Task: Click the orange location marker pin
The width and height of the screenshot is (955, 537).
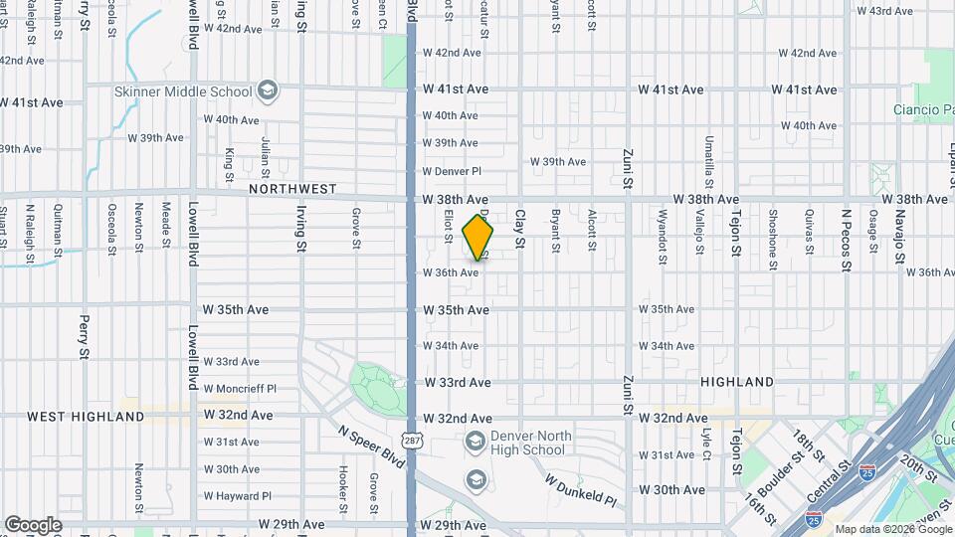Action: (x=478, y=238)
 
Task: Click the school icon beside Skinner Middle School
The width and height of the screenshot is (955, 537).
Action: (x=267, y=91)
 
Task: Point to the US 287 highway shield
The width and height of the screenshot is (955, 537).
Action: (x=411, y=440)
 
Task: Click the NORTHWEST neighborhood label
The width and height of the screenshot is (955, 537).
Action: (x=293, y=188)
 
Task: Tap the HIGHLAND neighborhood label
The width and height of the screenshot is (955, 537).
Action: (x=737, y=382)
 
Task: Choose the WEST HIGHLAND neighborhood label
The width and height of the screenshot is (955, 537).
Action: (x=86, y=417)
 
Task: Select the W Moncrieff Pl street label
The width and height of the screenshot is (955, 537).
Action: (x=240, y=389)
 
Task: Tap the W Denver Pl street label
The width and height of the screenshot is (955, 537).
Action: (x=452, y=171)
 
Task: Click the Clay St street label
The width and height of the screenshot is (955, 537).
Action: (x=519, y=228)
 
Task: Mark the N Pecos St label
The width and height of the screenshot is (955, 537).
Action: (x=847, y=239)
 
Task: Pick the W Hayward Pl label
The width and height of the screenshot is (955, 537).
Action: (x=239, y=496)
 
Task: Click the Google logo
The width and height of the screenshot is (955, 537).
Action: (x=33, y=524)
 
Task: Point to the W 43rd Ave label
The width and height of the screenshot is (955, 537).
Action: (x=884, y=11)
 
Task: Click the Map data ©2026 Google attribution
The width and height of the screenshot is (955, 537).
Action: (x=891, y=529)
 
